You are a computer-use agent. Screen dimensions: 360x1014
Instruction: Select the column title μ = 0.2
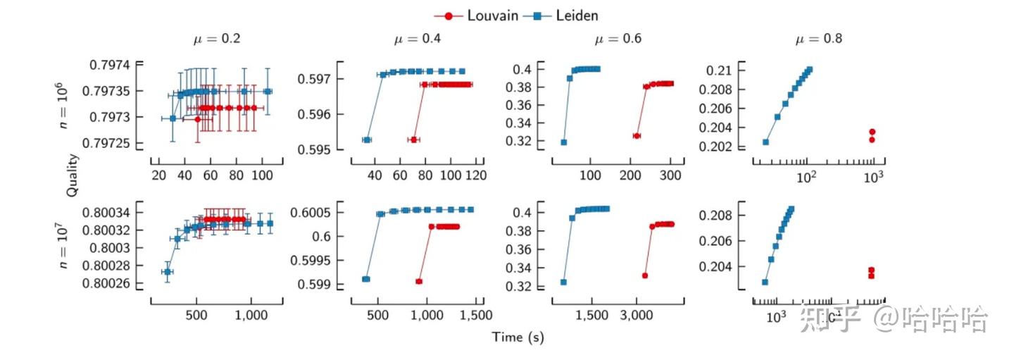(217, 39)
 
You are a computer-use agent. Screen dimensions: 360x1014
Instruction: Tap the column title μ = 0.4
(418, 39)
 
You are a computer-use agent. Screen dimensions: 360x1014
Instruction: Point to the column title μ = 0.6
(618, 39)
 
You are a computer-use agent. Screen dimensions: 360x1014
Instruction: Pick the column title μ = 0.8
(818, 39)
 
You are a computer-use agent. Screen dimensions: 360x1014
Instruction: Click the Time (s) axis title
(518, 337)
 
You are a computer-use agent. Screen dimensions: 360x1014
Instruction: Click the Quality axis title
(73, 175)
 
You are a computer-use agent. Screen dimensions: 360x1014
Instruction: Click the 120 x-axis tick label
(475, 175)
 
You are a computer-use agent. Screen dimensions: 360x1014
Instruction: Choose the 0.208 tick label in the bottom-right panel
(718, 215)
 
